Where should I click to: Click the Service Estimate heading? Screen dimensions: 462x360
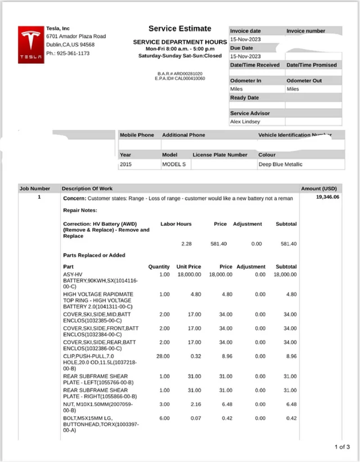click(x=179, y=28)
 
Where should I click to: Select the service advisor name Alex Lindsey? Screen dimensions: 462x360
click(x=245, y=122)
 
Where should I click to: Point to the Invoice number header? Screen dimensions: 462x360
click(x=305, y=31)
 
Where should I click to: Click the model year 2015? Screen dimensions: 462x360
click(x=125, y=164)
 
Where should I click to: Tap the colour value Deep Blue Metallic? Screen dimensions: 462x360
click(x=280, y=164)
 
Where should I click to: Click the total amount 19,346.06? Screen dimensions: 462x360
click(x=327, y=197)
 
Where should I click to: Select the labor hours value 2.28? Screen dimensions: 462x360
click(x=186, y=244)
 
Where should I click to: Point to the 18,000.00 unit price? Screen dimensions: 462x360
click(x=189, y=274)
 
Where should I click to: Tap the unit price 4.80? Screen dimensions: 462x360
click(x=196, y=295)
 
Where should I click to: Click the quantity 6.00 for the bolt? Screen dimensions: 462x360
click(x=164, y=418)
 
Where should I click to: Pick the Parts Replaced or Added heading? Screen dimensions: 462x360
click(x=94, y=255)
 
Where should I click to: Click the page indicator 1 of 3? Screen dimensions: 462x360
click(x=342, y=447)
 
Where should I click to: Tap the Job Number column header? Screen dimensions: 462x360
click(x=35, y=189)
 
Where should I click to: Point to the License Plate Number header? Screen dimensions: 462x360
click(x=220, y=154)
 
